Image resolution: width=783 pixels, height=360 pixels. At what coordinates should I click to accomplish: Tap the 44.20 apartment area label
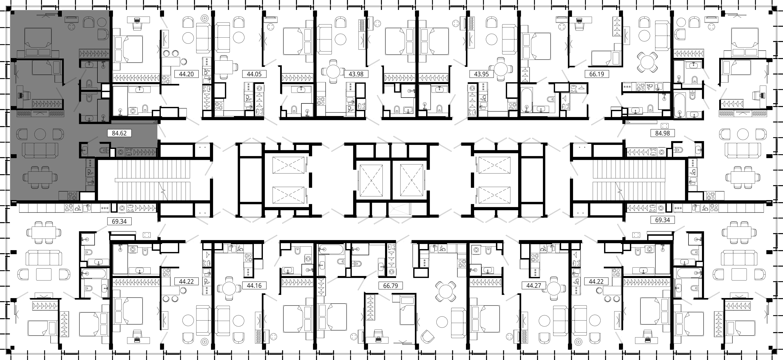pyautogui.click(x=186, y=74)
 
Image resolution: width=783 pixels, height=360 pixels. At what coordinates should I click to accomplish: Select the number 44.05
pyautogui.click(x=254, y=74)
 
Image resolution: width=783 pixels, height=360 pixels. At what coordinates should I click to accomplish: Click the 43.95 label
pyautogui.click(x=481, y=74)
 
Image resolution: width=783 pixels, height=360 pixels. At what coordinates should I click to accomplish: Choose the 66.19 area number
pyautogui.click(x=597, y=74)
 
